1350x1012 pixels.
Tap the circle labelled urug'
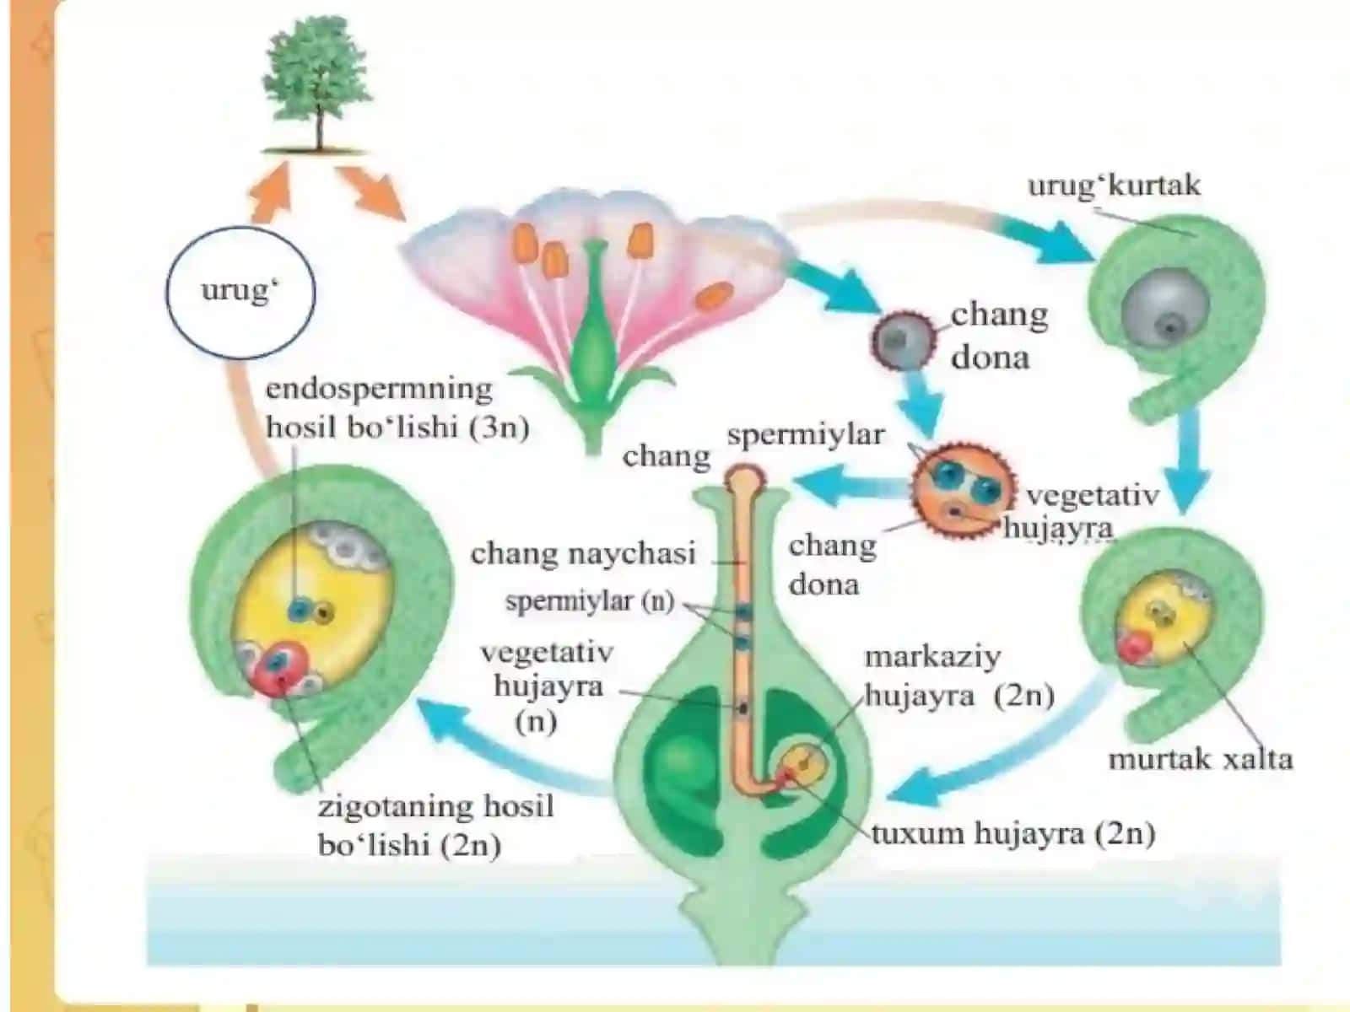click(x=240, y=292)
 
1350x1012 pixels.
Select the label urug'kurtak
click(x=1114, y=185)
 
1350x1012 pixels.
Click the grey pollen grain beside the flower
click(x=902, y=341)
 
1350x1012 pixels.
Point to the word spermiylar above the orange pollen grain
click(x=806, y=435)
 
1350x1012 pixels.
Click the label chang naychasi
click(x=583, y=553)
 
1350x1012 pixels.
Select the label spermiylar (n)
click(x=590, y=601)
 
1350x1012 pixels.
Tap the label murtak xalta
click(x=1201, y=760)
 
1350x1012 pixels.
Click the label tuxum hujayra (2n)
click(x=1013, y=834)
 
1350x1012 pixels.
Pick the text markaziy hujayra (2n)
click(x=959, y=676)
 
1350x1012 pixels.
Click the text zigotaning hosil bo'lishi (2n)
click(x=435, y=826)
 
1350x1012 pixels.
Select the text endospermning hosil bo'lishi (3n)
click(x=397, y=408)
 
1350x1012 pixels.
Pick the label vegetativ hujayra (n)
click(x=548, y=687)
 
